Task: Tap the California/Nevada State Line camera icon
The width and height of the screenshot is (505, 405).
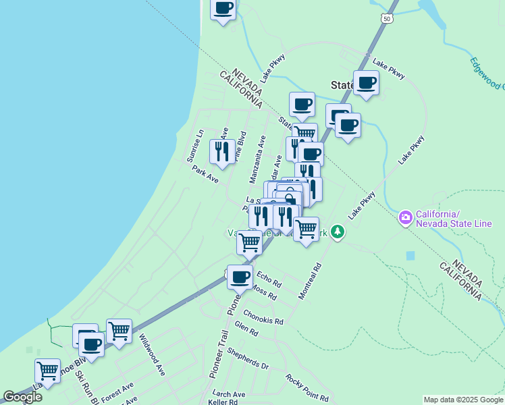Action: click(406, 217)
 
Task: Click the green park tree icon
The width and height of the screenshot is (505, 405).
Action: click(337, 233)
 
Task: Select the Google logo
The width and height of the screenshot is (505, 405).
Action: click(22, 397)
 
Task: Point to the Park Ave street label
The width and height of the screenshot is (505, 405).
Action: click(205, 174)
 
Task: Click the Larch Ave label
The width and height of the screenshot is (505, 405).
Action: click(228, 394)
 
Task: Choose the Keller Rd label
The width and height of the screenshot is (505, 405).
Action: click(223, 402)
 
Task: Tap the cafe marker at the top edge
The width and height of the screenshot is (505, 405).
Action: click(223, 9)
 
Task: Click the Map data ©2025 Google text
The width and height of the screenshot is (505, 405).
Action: click(462, 400)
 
